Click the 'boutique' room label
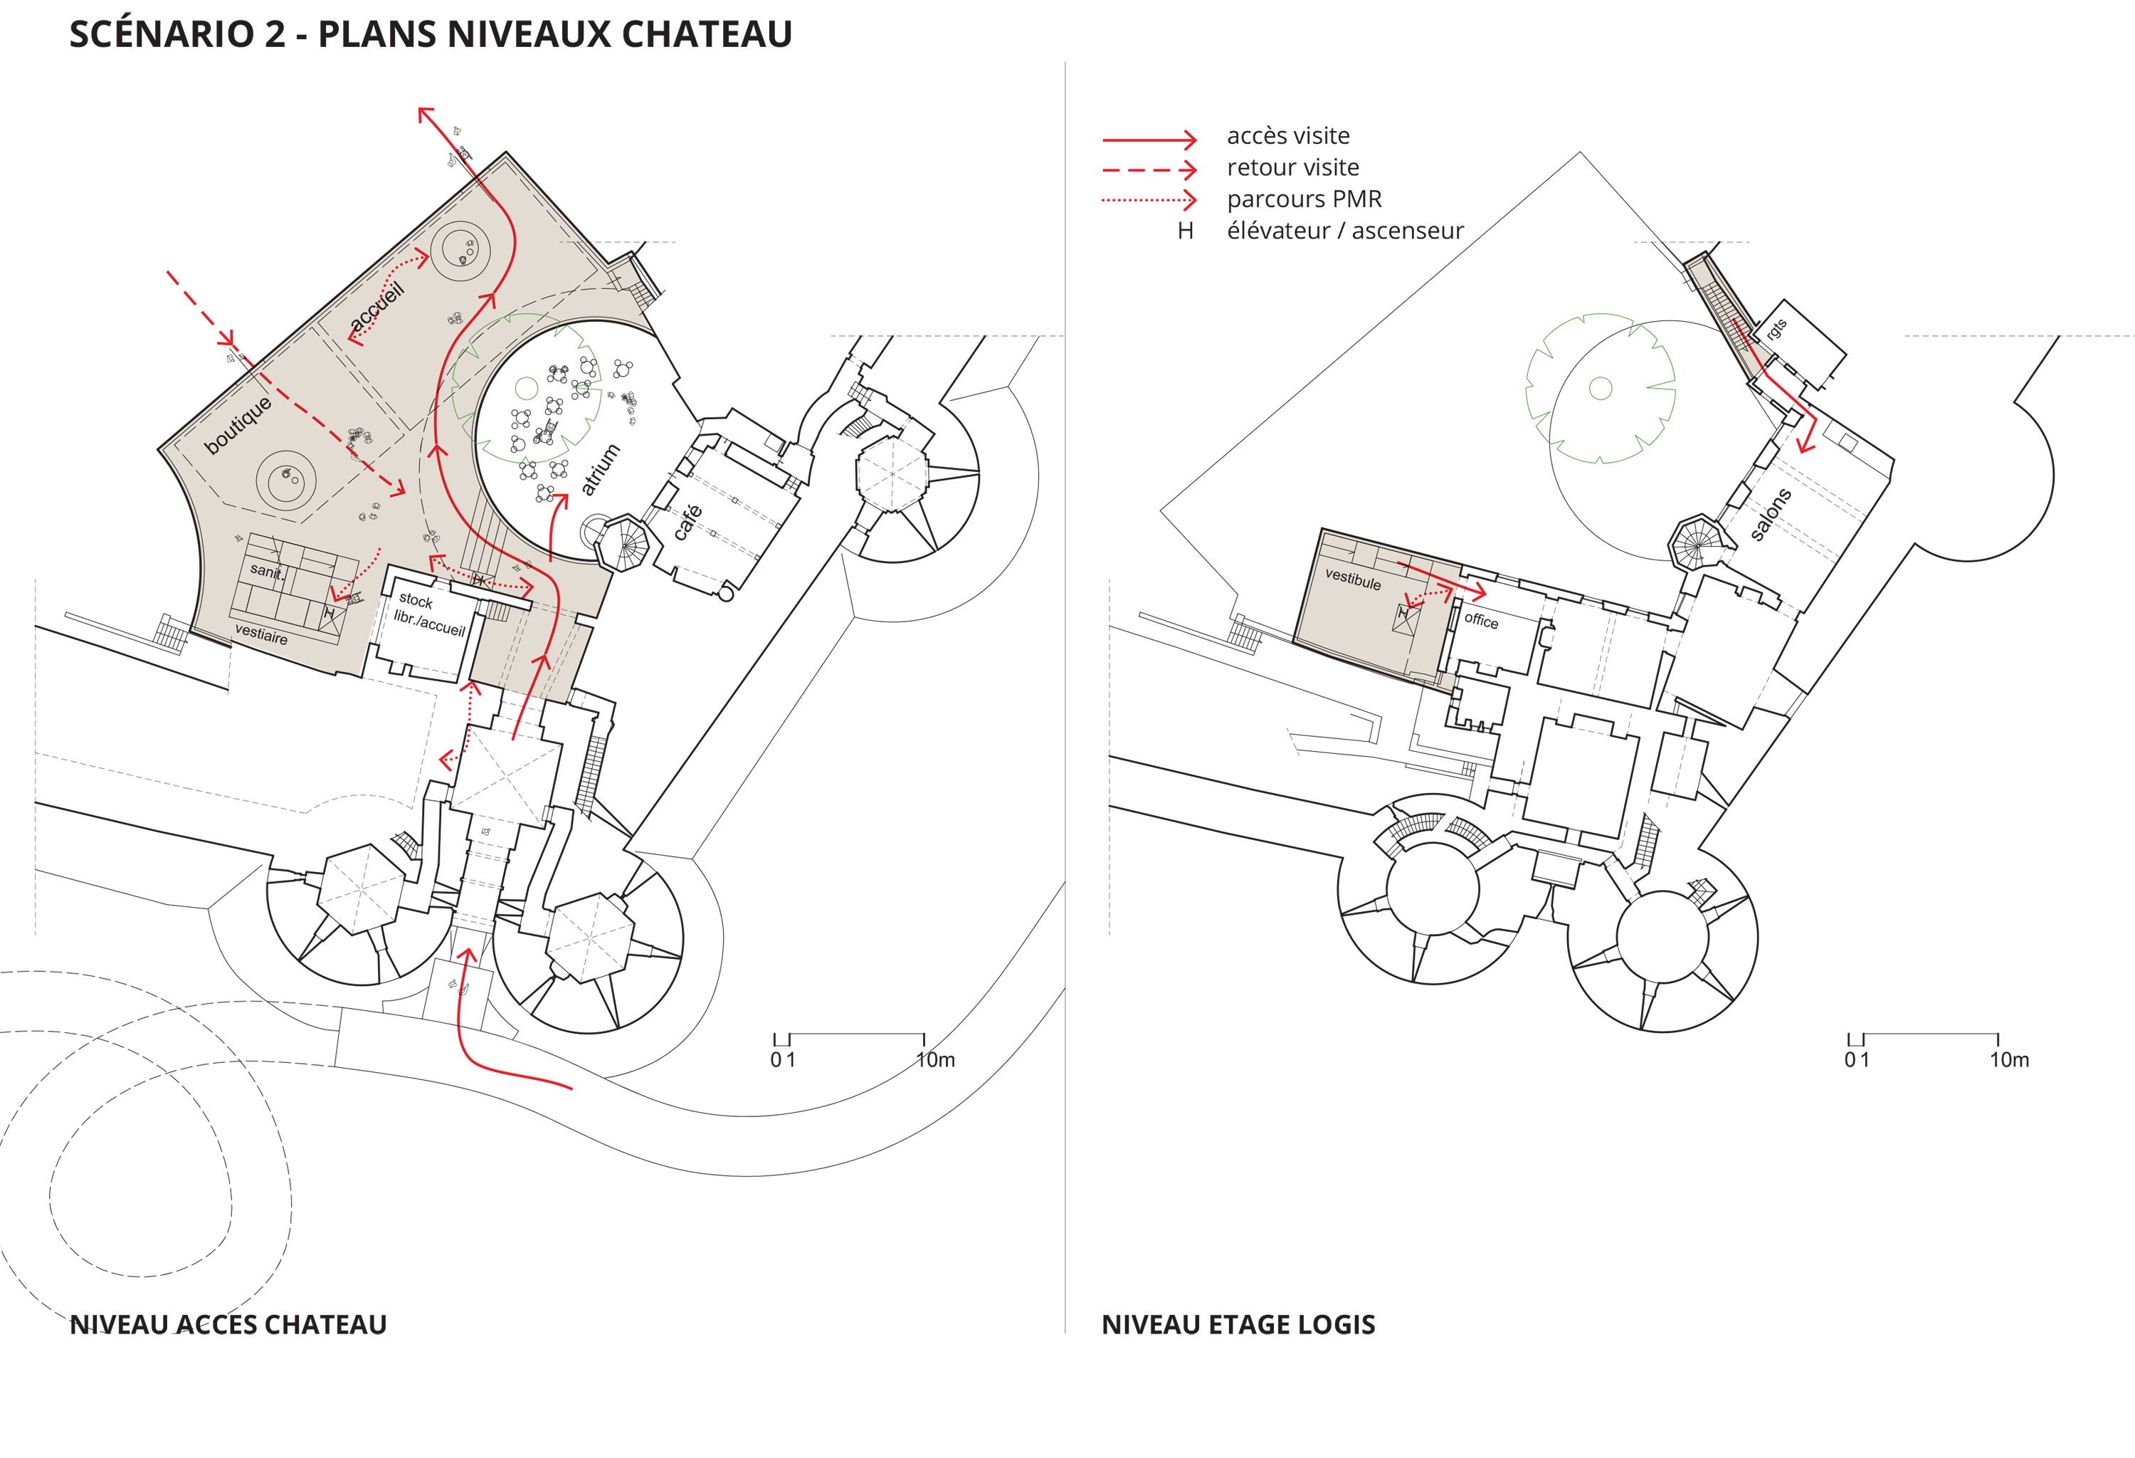pos(238,425)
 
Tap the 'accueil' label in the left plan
pos(376,307)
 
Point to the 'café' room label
pos(688,522)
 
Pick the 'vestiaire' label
pos(261,634)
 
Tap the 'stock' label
pos(415,600)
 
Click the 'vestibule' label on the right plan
pos(1352,579)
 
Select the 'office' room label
pos(1481,620)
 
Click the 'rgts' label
pos(1776,329)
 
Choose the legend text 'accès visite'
pos(1288,136)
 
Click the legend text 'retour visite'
pos(1292,167)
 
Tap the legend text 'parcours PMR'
pos(1304,199)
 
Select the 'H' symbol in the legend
pos(1185,231)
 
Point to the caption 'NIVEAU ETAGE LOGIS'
pos(1238,1324)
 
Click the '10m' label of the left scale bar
pos(935,1059)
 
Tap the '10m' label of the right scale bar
pos(2009,1059)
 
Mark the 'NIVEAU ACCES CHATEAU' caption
pos(228,1324)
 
